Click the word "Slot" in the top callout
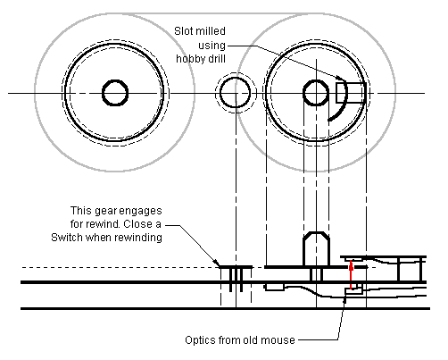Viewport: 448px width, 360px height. tap(182, 31)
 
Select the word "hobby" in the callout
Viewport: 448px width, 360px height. tap(190, 59)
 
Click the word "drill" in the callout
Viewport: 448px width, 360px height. tap(217, 58)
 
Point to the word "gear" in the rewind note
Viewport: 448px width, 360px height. tap(105, 212)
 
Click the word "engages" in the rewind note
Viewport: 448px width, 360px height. tap(139, 212)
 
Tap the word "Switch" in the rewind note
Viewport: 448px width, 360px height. tap(67, 238)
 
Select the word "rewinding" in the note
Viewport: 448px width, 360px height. tap(138, 238)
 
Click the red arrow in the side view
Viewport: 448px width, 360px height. tap(352, 274)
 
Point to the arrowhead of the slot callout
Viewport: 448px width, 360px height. tap(341, 78)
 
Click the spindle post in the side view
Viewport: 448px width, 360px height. tap(316, 249)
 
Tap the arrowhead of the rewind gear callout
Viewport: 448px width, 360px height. tap(218, 264)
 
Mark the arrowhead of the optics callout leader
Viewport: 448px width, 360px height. tap(345, 300)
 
